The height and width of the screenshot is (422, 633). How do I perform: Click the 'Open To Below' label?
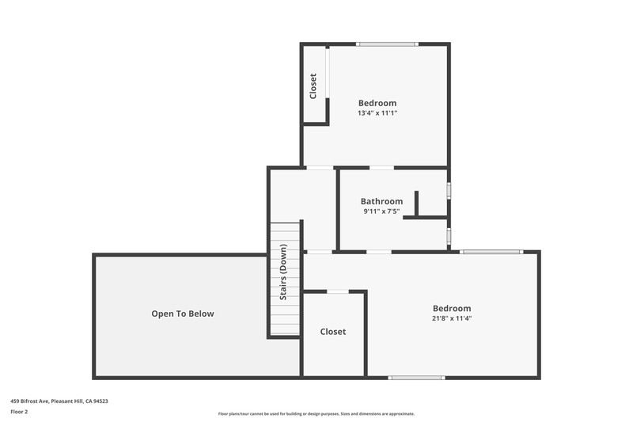point(183,314)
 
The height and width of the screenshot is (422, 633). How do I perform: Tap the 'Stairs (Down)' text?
point(283,272)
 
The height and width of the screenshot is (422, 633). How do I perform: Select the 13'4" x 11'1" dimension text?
point(377,113)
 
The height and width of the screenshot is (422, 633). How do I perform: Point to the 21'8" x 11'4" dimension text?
point(452,318)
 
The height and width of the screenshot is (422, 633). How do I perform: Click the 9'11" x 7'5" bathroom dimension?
point(381,211)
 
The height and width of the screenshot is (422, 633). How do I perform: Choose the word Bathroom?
point(381,201)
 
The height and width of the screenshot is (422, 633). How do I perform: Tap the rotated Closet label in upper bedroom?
point(313,86)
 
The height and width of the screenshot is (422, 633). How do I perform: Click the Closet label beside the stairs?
point(333,332)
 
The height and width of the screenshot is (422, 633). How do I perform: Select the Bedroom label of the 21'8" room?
point(452,309)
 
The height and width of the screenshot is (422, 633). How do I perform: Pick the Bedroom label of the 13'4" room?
point(377,103)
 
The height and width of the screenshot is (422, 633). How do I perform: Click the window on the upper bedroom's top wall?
point(387,44)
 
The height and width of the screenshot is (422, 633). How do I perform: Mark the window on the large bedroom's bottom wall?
point(417,378)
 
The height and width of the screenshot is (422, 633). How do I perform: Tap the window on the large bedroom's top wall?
point(491,252)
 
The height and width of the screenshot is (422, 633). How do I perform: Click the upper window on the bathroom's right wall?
point(449,191)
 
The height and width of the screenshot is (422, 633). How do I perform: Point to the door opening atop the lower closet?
point(338,291)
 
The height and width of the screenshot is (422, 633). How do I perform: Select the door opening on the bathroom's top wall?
point(382,168)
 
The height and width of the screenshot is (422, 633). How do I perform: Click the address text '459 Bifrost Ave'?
point(29,401)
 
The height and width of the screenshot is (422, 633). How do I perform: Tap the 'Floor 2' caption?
point(19,412)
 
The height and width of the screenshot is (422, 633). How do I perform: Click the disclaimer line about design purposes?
point(316,413)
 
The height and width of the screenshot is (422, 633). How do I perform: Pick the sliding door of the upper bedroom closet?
point(328,72)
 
